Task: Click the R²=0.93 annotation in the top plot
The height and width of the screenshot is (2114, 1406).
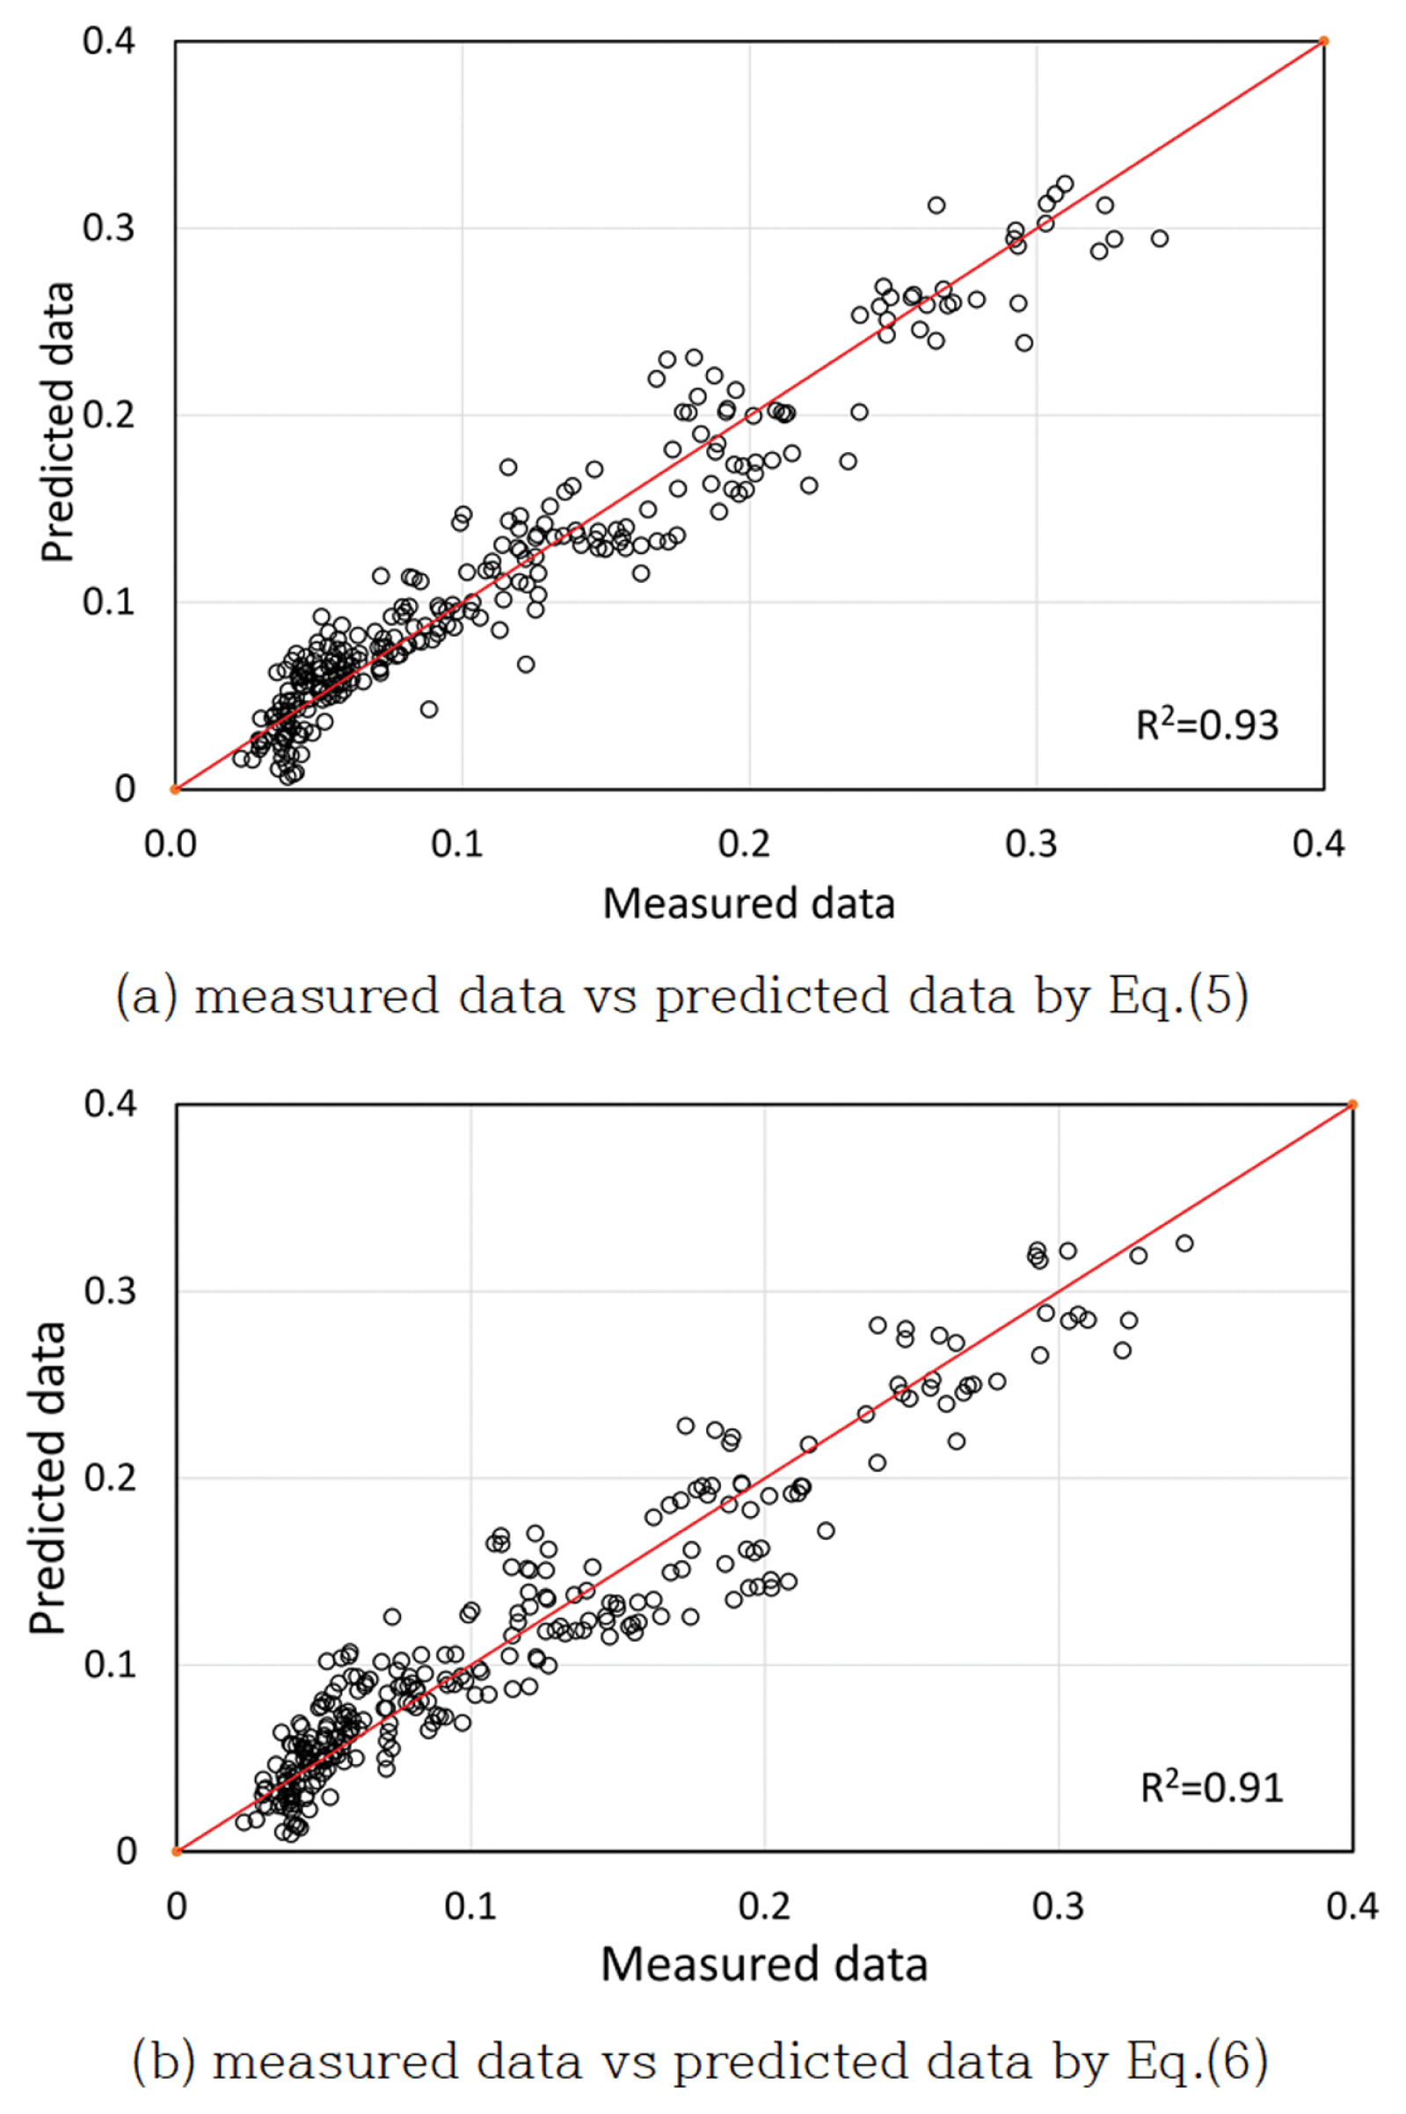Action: [1206, 725]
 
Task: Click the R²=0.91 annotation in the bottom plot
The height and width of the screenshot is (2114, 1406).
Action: [1212, 1787]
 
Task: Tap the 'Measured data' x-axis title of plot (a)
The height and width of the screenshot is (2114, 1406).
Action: [749, 904]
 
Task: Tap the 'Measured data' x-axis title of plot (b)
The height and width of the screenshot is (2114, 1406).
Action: [764, 1965]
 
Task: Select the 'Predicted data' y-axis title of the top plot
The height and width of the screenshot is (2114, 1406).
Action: [56, 422]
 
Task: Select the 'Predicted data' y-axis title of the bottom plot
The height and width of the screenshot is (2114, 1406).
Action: [47, 1476]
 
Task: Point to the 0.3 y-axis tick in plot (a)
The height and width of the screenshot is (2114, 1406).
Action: [108, 228]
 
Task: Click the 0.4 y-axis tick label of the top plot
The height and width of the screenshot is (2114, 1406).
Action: [108, 40]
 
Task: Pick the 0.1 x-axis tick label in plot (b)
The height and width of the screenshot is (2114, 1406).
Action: [470, 1906]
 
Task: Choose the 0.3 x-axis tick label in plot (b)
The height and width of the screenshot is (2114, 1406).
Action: [1058, 1906]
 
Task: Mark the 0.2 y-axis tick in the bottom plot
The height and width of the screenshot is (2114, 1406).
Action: [110, 1477]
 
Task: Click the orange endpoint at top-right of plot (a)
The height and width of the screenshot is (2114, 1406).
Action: [1323, 41]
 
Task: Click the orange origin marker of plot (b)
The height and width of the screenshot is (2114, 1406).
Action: [177, 1850]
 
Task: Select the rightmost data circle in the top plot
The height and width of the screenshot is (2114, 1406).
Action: [1160, 238]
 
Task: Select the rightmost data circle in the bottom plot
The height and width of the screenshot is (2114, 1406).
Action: [1184, 1243]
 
